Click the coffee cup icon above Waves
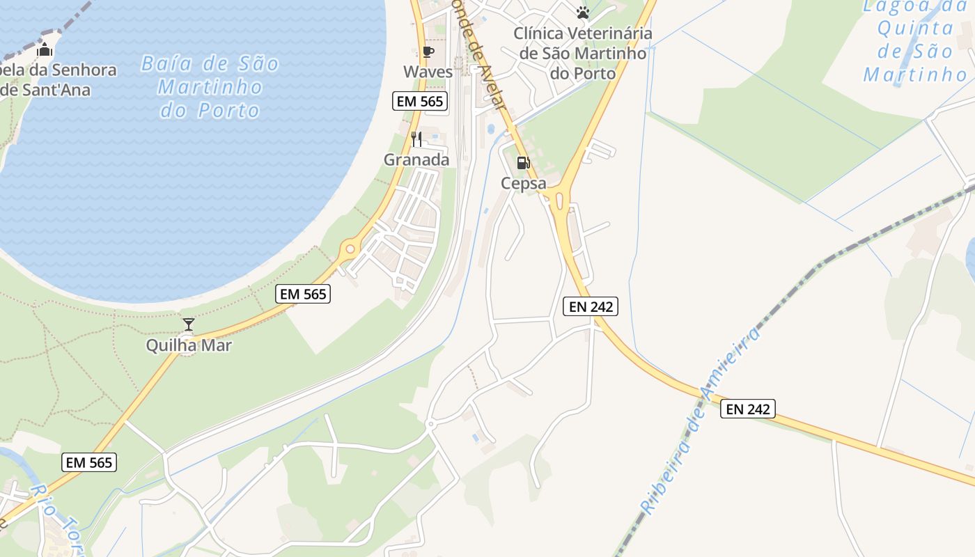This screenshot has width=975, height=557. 428,52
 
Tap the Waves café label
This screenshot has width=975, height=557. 428,72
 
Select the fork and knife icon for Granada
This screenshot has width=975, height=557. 416,139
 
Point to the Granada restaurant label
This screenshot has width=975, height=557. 416,159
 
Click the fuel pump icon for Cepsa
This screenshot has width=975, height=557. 522,164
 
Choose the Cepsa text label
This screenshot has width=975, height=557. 523,184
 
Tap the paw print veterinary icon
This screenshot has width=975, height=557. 583,13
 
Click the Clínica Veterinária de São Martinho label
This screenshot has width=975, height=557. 583,53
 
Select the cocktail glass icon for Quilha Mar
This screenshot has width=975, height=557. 188,324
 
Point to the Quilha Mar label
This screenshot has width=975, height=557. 188,345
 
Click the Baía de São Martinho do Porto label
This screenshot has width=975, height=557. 210,87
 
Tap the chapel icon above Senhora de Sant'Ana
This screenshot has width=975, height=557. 45,50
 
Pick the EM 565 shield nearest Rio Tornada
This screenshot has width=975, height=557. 89,462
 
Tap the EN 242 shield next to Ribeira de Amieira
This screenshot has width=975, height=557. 747,409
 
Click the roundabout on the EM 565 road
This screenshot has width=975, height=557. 350,249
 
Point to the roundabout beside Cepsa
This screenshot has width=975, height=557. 559,201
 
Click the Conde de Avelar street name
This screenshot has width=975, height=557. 481,56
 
